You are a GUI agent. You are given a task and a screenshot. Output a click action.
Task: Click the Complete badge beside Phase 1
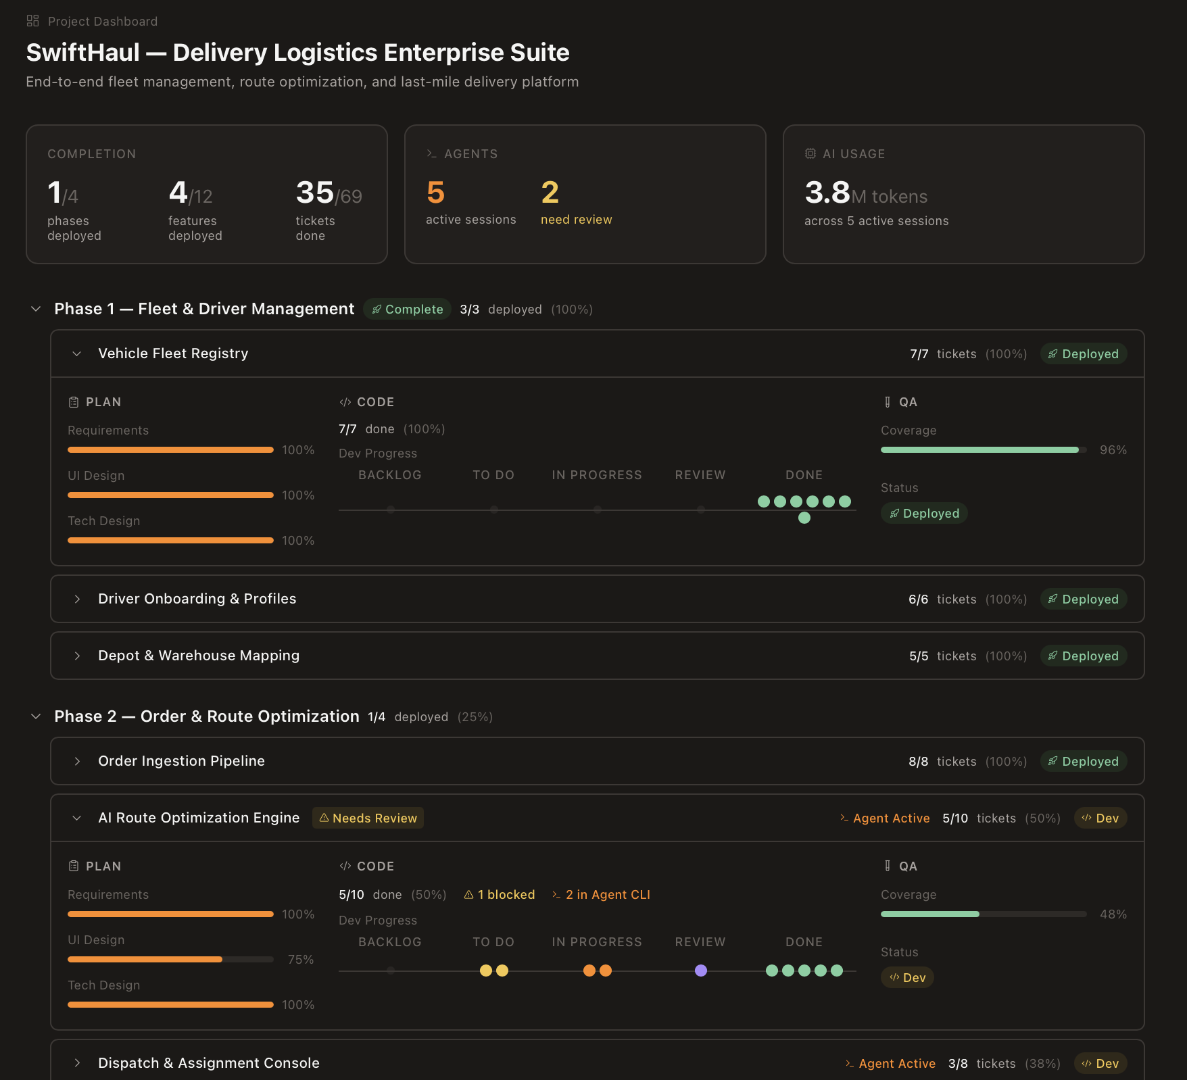[408, 309]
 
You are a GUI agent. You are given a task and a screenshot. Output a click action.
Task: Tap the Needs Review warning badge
[368, 818]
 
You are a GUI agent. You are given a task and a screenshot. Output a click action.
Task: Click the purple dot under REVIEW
[701, 971]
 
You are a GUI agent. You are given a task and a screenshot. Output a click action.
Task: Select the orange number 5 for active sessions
[435, 193]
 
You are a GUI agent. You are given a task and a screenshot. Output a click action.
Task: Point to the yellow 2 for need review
[550, 193]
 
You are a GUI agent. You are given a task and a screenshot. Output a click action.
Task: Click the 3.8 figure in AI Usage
[827, 193]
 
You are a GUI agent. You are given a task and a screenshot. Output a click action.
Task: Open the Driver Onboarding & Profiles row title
[197, 599]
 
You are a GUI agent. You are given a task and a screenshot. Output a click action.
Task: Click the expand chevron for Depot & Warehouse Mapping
[77, 656]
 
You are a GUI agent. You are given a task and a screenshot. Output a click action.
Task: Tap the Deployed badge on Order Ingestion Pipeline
[1083, 761]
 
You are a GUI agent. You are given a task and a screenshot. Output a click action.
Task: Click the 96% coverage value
[1113, 450]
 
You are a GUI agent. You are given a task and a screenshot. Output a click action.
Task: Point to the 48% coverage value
[1113, 914]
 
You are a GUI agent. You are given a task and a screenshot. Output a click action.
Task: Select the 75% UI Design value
[300, 960]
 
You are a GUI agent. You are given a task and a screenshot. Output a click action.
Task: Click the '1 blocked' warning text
[500, 895]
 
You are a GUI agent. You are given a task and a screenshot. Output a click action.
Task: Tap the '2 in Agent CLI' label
[601, 895]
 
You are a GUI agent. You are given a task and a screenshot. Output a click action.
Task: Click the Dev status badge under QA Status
[907, 977]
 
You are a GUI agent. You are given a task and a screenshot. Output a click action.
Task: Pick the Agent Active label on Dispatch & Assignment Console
[890, 1063]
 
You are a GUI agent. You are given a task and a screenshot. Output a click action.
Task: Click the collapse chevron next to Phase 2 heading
[36, 716]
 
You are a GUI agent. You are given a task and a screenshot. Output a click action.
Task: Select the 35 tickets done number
[315, 193]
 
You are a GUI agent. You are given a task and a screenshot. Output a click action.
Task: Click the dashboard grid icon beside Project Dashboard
[32, 21]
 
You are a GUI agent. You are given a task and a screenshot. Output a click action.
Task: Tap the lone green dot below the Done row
[804, 518]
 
